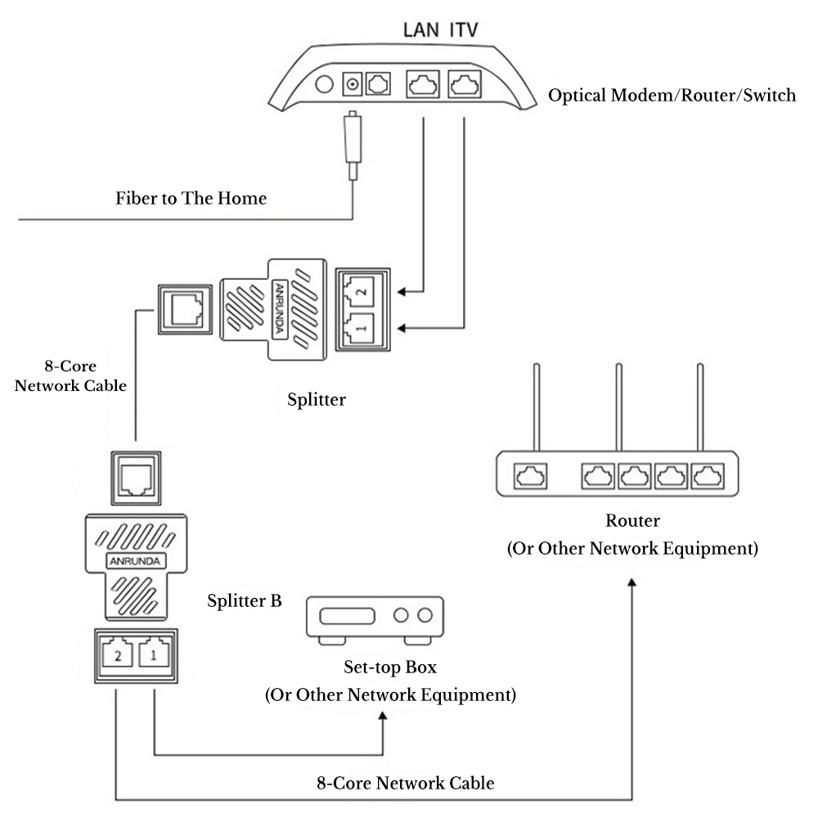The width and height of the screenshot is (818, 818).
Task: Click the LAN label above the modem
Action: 420,29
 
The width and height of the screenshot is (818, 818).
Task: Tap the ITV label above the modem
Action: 463,29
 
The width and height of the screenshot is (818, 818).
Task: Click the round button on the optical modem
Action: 324,84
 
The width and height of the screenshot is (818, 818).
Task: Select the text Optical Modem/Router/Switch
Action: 672,96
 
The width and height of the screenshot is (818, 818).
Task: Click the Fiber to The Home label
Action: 191,198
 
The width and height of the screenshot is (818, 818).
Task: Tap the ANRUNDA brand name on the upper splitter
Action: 280,308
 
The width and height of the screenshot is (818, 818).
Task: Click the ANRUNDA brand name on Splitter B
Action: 135,561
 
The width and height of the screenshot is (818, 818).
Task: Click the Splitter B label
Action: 244,600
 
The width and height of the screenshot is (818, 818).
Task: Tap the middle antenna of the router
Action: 618,407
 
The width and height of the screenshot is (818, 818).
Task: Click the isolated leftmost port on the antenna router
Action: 531,476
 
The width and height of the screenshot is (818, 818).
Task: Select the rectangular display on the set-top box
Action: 347,616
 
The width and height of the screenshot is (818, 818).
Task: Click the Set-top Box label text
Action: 390,667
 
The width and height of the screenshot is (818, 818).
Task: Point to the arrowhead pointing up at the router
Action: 631,582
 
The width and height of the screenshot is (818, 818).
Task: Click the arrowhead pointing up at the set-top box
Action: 383,717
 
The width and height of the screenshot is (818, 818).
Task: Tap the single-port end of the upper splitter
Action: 185,309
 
